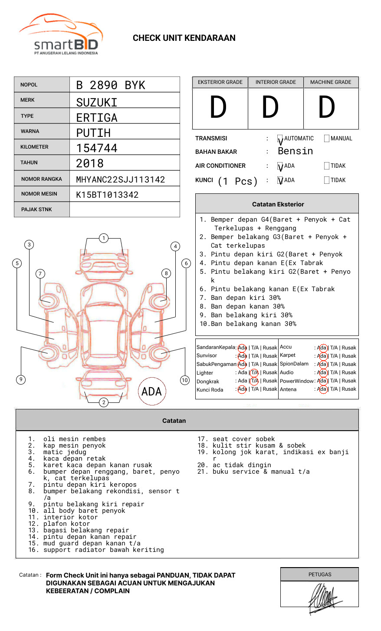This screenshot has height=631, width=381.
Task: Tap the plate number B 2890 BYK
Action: [x=111, y=85]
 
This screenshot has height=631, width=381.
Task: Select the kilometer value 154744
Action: [x=97, y=148]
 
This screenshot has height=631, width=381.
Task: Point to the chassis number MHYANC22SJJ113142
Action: [x=121, y=179]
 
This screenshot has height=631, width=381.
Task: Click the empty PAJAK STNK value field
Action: [x=125, y=209]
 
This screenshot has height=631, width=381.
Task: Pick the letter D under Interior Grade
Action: [x=270, y=108]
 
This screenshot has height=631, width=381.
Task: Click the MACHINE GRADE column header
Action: [x=331, y=82]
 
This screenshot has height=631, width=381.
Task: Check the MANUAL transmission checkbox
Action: [x=327, y=139]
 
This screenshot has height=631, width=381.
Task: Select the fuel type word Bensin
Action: [x=295, y=151]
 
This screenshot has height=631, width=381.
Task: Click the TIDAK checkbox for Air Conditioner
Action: [x=327, y=166]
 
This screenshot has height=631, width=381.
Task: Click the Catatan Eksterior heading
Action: [x=278, y=204]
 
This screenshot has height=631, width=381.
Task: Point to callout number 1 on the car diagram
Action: [x=103, y=238]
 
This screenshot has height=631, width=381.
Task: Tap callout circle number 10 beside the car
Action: [x=185, y=380]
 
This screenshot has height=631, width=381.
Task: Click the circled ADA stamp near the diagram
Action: [x=151, y=392]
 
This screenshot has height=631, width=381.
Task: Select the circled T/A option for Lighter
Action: [x=254, y=372]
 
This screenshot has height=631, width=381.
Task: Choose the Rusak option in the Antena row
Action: [x=349, y=389]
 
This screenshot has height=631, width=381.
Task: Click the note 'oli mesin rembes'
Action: [x=74, y=439]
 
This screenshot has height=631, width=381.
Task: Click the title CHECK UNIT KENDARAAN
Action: [x=184, y=38]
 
